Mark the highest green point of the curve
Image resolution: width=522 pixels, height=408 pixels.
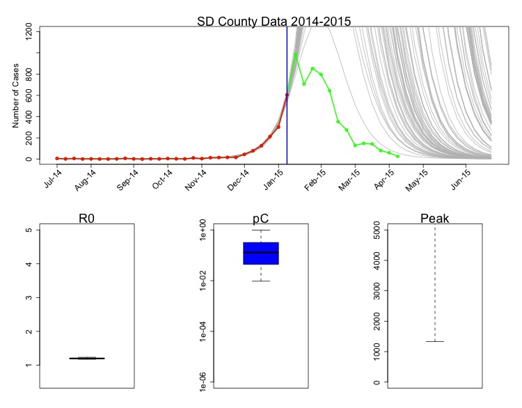(x=296, y=54)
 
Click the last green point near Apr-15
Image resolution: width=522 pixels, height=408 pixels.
(x=397, y=157)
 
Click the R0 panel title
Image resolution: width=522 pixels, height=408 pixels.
(x=87, y=219)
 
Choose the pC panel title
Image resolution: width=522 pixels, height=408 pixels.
(x=261, y=219)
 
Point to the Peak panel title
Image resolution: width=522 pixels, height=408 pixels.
(x=435, y=219)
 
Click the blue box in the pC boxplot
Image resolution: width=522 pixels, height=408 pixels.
(x=261, y=253)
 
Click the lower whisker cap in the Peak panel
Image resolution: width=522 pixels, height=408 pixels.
(x=435, y=341)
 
